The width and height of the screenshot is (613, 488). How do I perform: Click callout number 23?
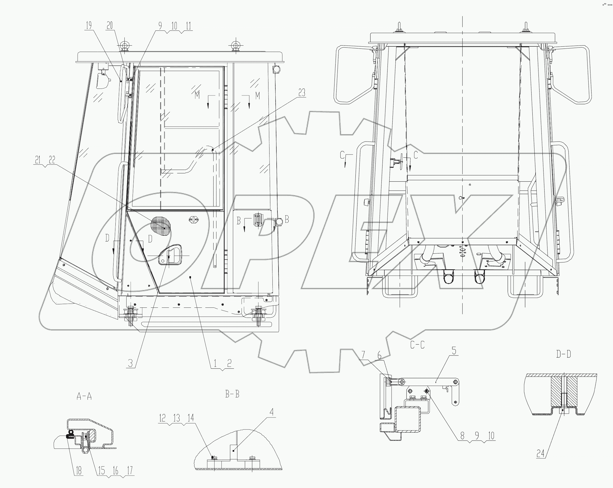tap(302, 93)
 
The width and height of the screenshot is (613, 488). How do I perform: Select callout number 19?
tap(89, 25)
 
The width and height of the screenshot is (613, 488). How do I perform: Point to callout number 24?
tap(540, 454)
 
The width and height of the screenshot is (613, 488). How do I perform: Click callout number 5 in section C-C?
tap(454, 351)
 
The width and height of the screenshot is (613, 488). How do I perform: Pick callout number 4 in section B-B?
tap(272, 412)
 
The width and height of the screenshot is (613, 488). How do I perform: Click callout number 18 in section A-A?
tap(78, 471)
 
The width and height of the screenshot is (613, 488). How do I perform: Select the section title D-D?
tap(563, 354)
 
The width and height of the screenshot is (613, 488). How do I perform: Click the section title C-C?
tap(418, 345)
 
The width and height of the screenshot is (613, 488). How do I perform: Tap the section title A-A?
tap(84, 396)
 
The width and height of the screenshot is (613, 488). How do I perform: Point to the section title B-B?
tap(232, 394)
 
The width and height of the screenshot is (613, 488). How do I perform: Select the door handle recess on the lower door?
tap(171, 255)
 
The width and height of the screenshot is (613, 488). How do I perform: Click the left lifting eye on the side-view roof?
tap(124, 46)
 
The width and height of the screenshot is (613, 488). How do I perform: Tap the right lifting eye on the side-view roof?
tap(235, 46)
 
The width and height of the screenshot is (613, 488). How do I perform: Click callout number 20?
tap(110, 25)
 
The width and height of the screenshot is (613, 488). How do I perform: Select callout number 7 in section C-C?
tap(363, 355)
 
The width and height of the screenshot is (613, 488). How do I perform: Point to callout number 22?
tap(51, 160)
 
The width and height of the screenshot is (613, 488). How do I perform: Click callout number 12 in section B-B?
tap(162, 418)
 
